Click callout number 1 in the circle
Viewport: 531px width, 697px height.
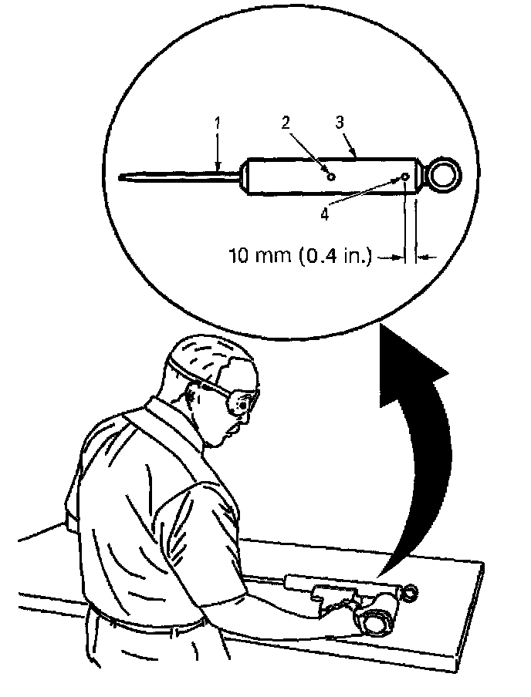(x=218, y=122)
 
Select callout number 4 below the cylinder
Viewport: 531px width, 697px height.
(x=325, y=214)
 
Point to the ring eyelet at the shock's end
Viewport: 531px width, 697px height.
(x=445, y=174)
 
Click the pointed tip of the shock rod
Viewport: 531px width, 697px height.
(x=124, y=180)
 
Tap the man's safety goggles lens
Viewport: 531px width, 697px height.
(x=245, y=402)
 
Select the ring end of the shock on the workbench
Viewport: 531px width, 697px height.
(x=410, y=592)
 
